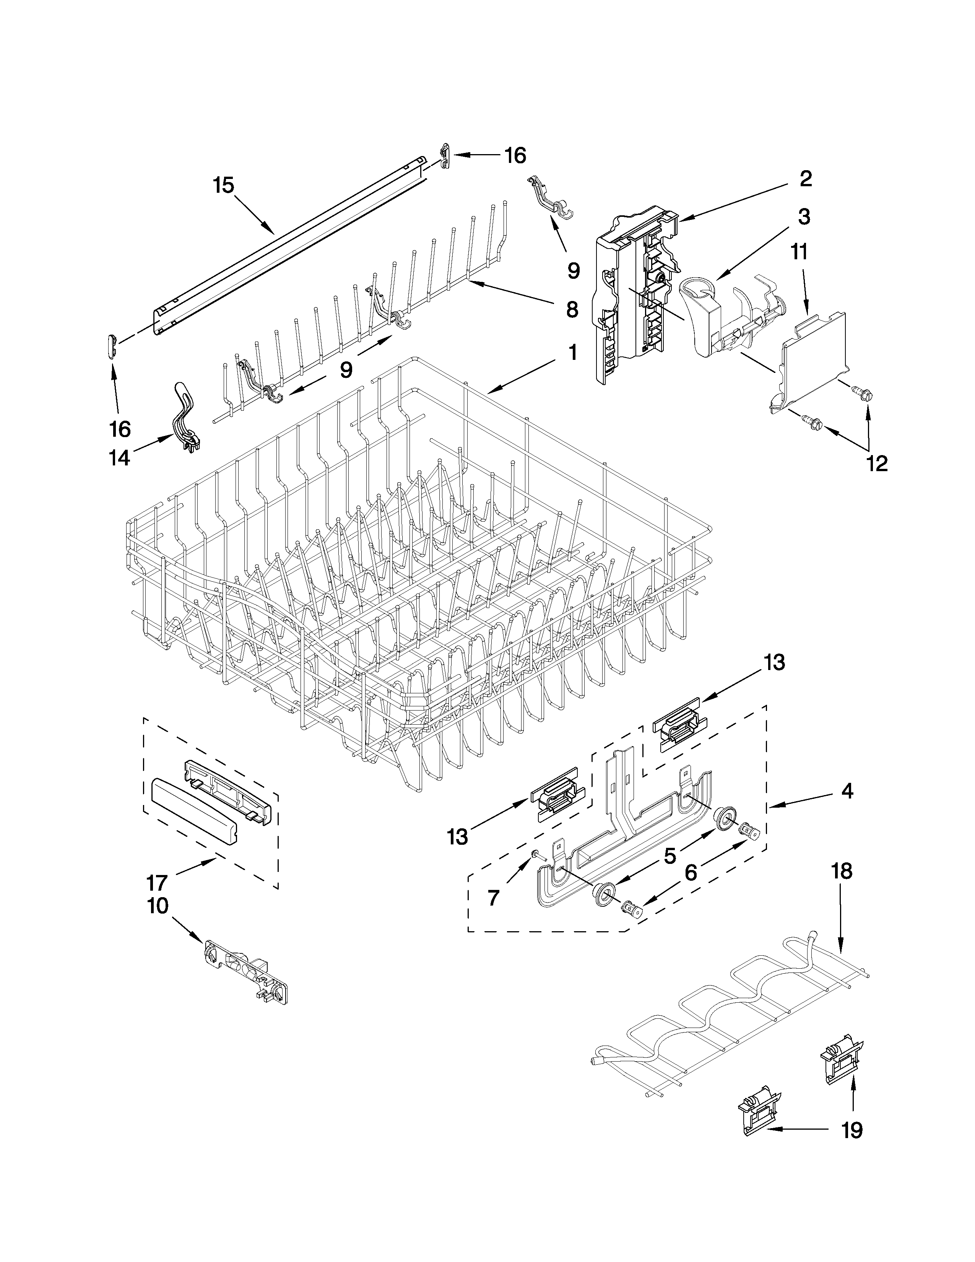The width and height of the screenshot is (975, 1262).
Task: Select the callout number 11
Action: click(x=799, y=252)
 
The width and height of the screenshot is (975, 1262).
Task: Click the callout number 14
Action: click(x=120, y=458)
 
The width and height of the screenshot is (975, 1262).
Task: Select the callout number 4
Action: click(x=847, y=791)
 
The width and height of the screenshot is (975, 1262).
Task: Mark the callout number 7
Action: click(x=493, y=898)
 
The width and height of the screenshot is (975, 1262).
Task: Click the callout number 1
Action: click(x=572, y=352)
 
